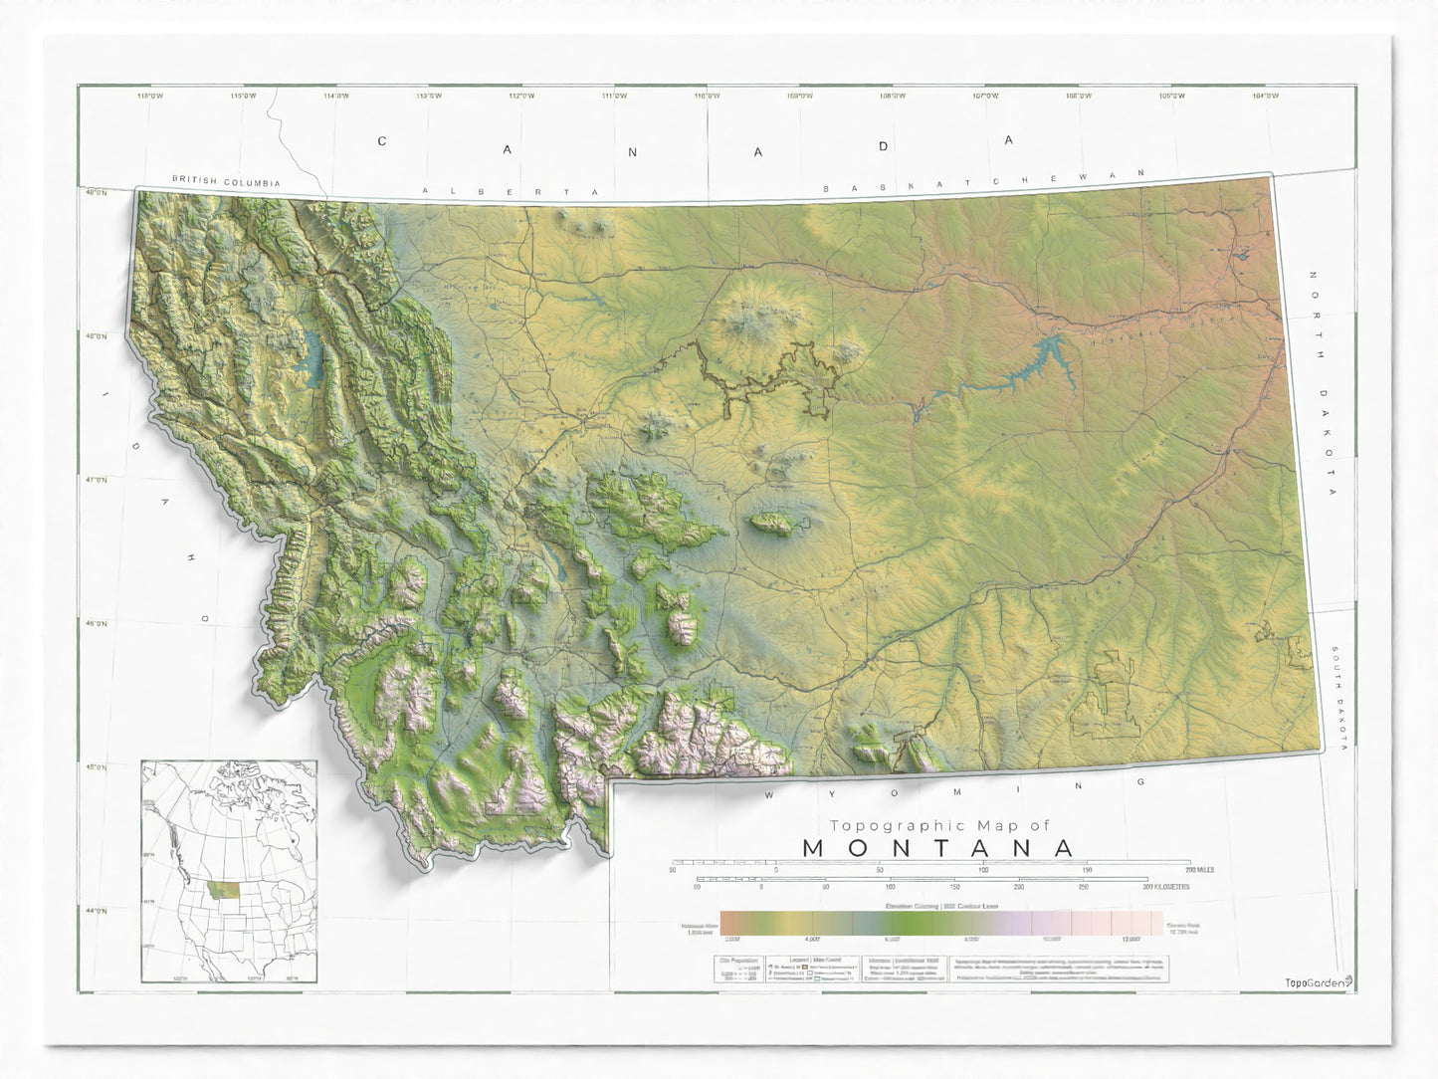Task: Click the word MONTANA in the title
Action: (x=938, y=848)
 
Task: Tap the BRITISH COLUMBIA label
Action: (x=226, y=182)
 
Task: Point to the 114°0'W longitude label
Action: (x=336, y=96)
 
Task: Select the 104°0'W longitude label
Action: (x=1265, y=96)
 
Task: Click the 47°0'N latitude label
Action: (x=96, y=480)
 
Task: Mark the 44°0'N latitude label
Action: (x=96, y=911)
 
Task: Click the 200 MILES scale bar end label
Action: (x=1198, y=870)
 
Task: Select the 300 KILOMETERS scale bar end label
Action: (x=1165, y=886)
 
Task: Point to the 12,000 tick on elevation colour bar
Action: (x=1130, y=939)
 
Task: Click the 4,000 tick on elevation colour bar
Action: (x=812, y=939)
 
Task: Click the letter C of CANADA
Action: (x=381, y=141)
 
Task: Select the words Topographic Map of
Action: (x=938, y=825)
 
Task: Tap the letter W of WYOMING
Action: (x=769, y=795)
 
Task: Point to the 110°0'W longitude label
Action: (x=707, y=96)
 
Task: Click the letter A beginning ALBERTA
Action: (x=425, y=190)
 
